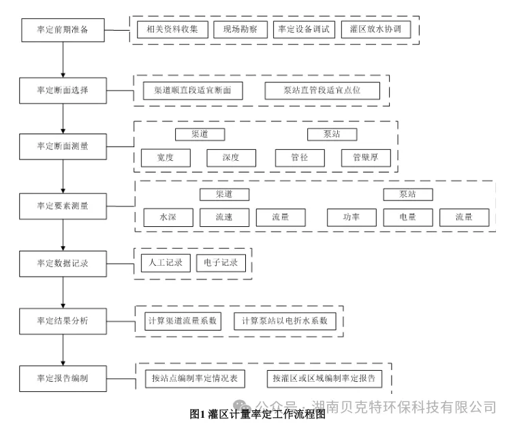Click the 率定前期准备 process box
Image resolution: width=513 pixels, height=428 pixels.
pos(63,31)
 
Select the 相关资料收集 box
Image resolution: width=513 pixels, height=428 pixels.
pos(168,30)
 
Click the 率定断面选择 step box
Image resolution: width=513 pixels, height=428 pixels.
pos(63,90)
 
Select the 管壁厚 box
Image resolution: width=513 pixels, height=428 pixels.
pos(366,158)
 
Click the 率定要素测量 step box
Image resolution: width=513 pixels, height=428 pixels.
pos(63,204)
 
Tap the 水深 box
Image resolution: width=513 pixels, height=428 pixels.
pos(168,217)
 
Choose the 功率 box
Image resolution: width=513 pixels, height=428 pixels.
pos(352,217)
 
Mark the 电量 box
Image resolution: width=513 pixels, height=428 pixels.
pos(407,217)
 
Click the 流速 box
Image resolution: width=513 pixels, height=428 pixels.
pos(224,217)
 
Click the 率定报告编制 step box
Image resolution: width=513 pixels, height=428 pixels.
pos(63,378)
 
